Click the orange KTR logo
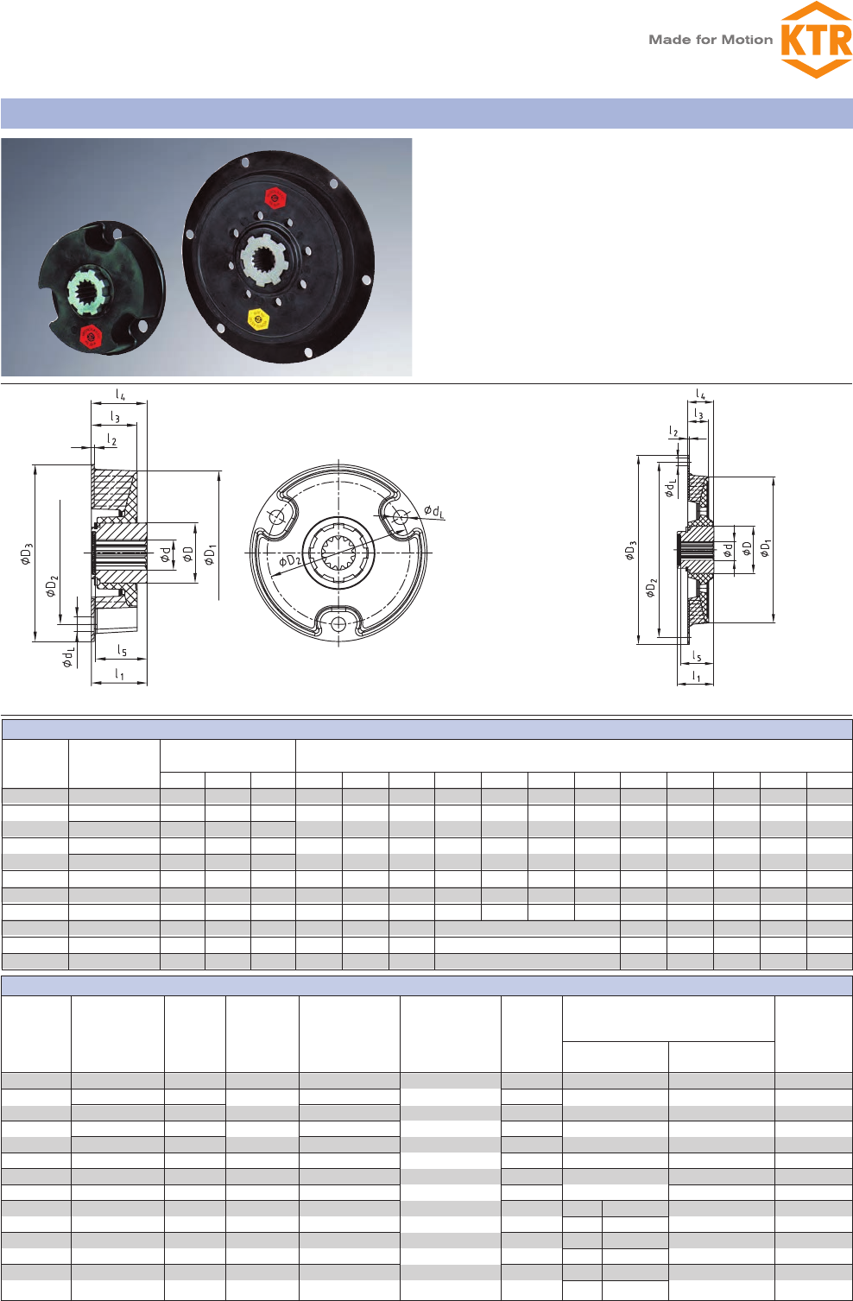click(x=816, y=40)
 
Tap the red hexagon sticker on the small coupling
click(x=91, y=337)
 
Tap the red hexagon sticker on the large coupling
click(x=275, y=197)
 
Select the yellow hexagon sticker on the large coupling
click(x=258, y=319)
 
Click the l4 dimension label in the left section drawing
click(x=120, y=395)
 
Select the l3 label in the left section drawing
click(x=115, y=417)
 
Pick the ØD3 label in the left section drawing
click(x=27, y=553)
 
